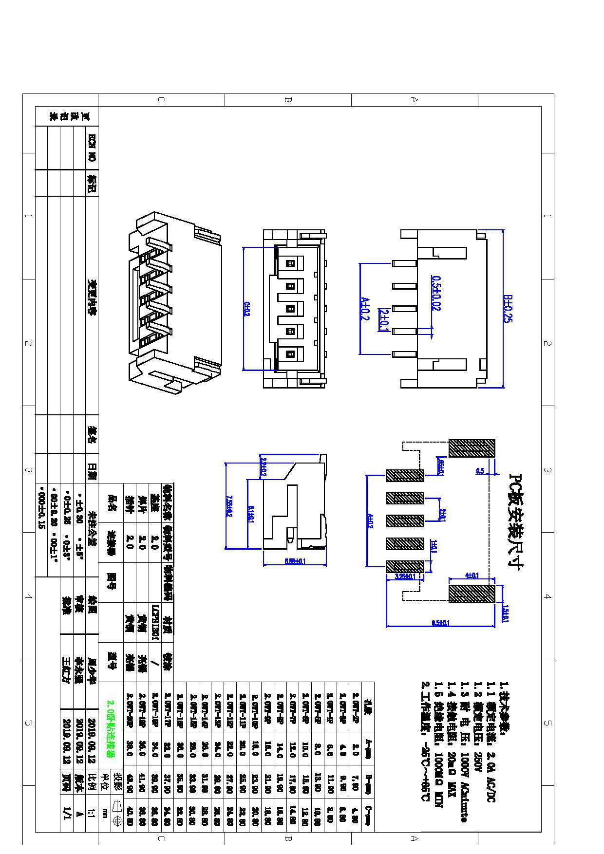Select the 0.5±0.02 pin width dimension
tap(436, 293)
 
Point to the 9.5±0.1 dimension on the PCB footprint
tap(441, 623)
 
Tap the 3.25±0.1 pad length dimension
tap(405, 576)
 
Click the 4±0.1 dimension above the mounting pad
tap(472, 576)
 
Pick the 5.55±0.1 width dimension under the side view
tap(295, 561)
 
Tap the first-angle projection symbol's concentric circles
tap(117, 821)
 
